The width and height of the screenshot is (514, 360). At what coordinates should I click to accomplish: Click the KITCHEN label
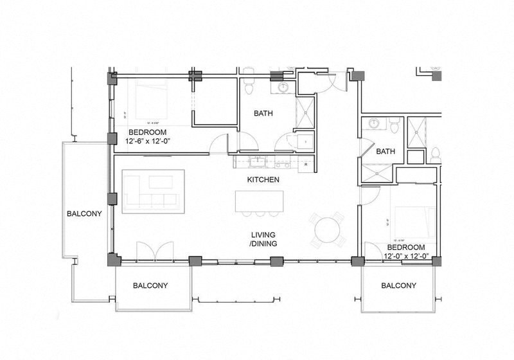point(263,179)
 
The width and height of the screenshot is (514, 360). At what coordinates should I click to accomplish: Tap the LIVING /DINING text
point(263,239)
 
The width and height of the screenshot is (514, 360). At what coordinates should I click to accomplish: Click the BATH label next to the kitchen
point(263,113)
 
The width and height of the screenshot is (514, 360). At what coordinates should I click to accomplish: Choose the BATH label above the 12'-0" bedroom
point(385,152)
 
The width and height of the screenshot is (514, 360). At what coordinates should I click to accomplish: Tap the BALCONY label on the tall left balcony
point(85,214)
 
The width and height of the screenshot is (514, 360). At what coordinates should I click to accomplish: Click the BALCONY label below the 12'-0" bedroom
point(398,285)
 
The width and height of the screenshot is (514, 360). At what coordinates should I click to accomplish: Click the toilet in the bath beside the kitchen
point(249,82)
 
